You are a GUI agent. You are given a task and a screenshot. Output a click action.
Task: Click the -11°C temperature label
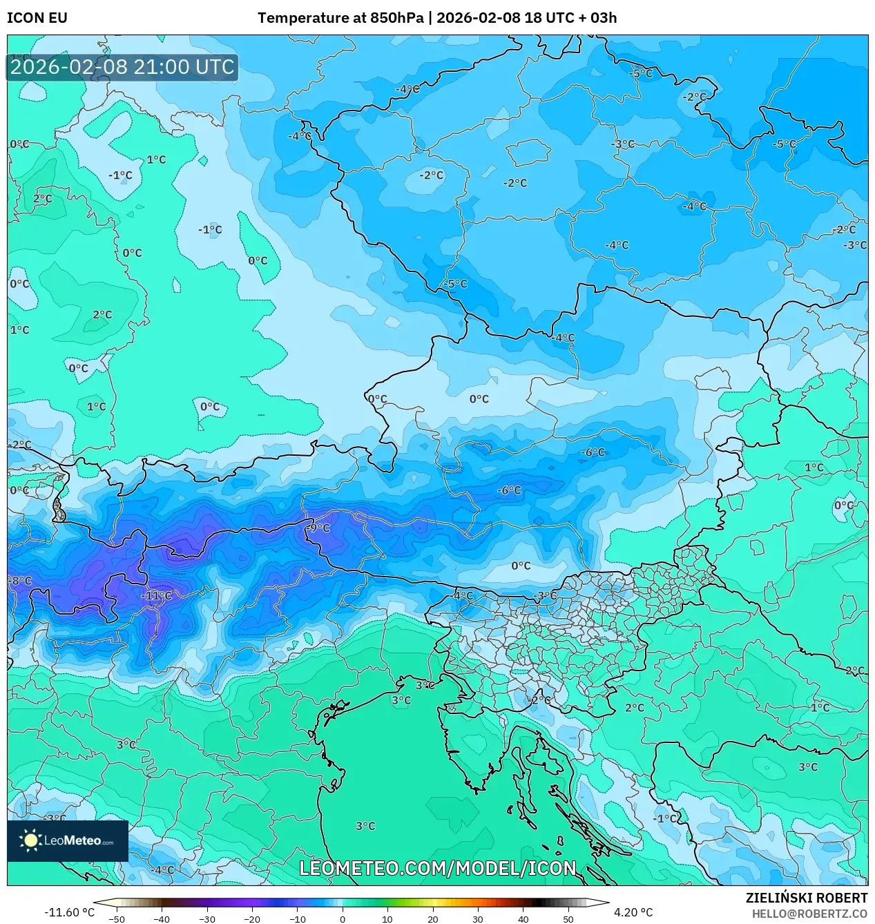pyautogui.click(x=157, y=596)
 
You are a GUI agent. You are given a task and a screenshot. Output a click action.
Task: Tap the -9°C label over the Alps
pyautogui.click(x=318, y=528)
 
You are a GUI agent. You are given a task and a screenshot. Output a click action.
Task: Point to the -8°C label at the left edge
pyautogui.click(x=21, y=581)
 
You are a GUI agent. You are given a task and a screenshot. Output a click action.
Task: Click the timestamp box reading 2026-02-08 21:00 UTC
pyautogui.click(x=122, y=67)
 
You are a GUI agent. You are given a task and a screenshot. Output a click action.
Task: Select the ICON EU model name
pyautogui.click(x=37, y=18)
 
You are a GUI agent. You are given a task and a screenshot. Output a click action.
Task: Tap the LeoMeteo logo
pyautogui.click(x=68, y=840)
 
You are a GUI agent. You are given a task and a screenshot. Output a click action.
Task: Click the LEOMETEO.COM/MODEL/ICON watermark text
pyautogui.click(x=437, y=868)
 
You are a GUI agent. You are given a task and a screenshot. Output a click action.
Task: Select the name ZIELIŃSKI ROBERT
pyautogui.click(x=806, y=898)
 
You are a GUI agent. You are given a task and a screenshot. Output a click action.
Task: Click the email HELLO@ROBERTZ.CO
pyautogui.click(x=809, y=913)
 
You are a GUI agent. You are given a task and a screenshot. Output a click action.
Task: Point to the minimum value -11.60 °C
pyautogui.click(x=69, y=912)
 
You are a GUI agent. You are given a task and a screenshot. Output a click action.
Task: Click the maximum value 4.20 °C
pyautogui.click(x=633, y=912)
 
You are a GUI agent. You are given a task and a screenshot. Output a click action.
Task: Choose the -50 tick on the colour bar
pyautogui.click(x=117, y=919)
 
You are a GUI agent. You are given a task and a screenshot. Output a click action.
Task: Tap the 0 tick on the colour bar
pyautogui.click(x=343, y=919)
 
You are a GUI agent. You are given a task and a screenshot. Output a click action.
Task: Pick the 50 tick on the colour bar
pyautogui.click(x=568, y=919)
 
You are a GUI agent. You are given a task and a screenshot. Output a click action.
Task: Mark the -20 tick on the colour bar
pyautogui.click(x=252, y=919)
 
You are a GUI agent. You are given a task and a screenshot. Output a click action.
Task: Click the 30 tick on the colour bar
pyautogui.click(x=478, y=919)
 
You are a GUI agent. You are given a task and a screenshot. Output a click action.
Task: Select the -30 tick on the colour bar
pyautogui.click(x=207, y=919)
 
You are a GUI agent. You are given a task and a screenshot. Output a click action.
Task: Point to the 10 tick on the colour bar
pyautogui.click(x=387, y=919)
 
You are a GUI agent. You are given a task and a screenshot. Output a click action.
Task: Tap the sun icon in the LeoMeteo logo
pyautogui.click(x=31, y=840)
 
